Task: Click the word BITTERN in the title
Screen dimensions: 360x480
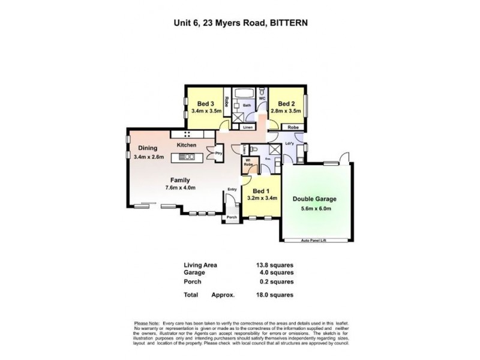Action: [x=291, y=23]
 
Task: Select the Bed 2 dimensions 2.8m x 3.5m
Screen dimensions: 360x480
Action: [x=286, y=111]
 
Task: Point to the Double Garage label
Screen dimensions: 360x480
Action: [x=314, y=199]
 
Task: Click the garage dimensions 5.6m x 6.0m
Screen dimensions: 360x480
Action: [x=315, y=208]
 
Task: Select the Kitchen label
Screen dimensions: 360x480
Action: [x=186, y=146]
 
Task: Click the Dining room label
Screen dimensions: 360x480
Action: [x=148, y=148]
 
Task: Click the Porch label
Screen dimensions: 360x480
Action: [x=231, y=218]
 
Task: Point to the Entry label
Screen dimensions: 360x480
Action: [x=232, y=190]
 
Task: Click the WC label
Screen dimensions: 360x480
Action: [x=262, y=98]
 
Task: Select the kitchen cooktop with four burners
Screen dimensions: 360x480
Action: [x=187, y=134]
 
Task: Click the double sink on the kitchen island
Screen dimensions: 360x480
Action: [x=186, y=157]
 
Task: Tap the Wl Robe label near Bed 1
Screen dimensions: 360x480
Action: [x=247, y=161]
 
